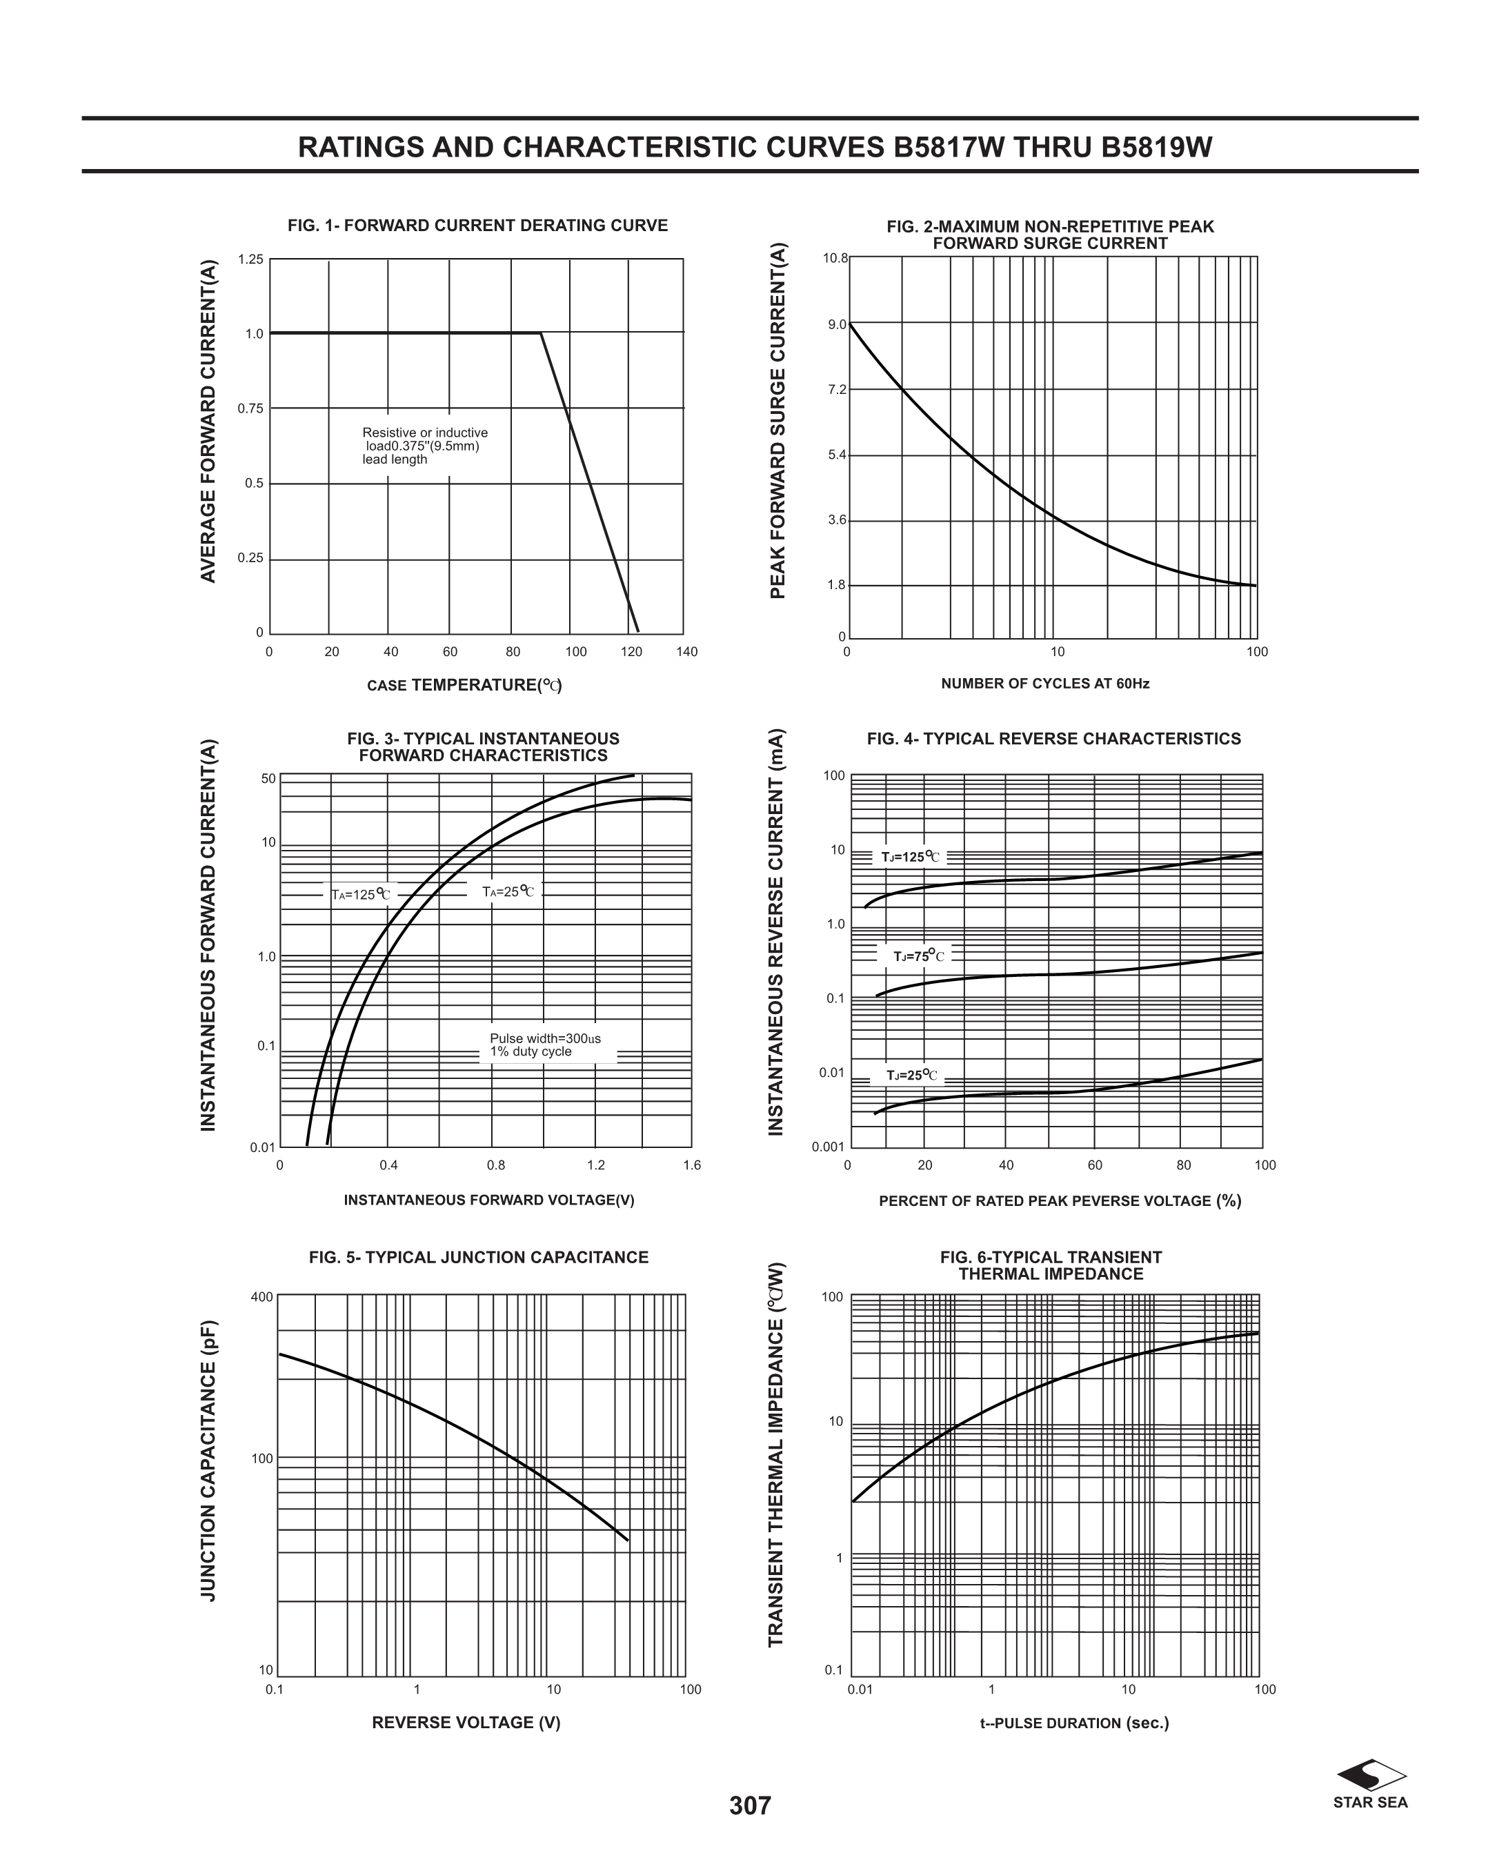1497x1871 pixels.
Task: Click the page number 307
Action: point(750,1805)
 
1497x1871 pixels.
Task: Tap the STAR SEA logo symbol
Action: point(1371,1774)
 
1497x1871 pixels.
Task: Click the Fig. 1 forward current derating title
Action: point(477,226)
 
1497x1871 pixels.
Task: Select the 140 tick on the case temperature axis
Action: point(686,652)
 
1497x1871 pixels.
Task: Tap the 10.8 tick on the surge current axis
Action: point(835,259)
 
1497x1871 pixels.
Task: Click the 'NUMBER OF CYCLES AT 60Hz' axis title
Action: point(1045,684)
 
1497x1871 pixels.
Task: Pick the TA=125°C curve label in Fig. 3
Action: point(361,895)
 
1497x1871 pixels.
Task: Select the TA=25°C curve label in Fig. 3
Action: point(508,891)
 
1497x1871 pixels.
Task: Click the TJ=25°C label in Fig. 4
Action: point(911,1076)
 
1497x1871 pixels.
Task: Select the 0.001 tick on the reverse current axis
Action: point(828,1147)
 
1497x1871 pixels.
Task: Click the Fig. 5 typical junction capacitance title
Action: point(478,1258)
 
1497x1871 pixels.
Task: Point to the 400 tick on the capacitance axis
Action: point(262,1298)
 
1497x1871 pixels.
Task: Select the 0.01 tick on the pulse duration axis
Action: point(860,1690)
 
